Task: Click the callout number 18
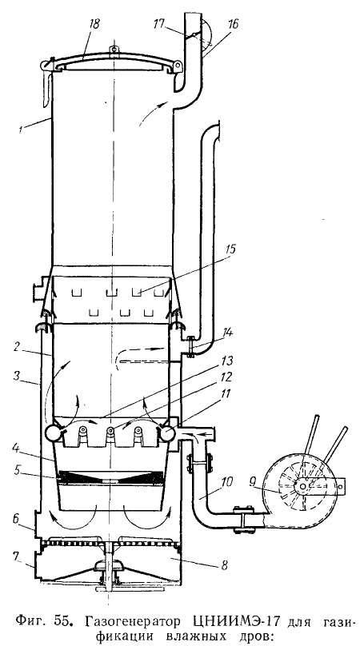94,24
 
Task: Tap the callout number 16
233,24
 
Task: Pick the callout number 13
226,361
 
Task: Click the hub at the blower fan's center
303,487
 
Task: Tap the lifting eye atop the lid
112,50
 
